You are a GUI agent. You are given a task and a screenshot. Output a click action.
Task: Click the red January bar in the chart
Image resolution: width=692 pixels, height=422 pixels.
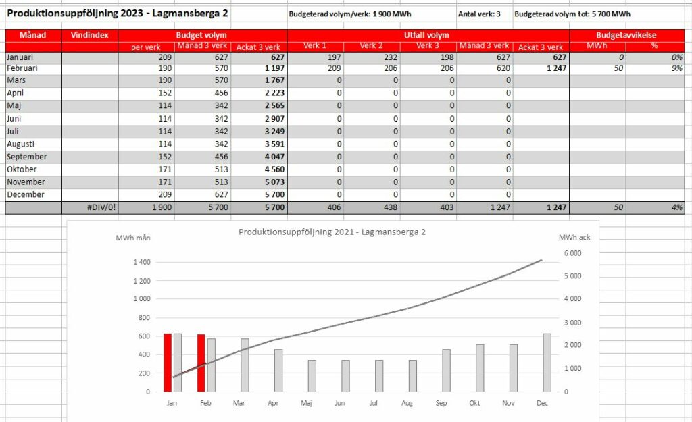tap(168, 363)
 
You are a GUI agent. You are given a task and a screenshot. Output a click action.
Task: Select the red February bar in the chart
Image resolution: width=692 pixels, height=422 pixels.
tap(201, 363)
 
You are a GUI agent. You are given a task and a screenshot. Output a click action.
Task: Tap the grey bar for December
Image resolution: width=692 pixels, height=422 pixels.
tap(547, 363)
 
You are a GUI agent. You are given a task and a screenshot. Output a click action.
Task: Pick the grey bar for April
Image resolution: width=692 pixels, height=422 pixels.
tap(278, 371)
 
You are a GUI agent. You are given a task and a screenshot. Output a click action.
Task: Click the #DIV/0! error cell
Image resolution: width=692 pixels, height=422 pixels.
tap(101, 207)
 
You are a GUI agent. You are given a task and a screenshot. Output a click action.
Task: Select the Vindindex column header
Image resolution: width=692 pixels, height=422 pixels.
tap(90, 35)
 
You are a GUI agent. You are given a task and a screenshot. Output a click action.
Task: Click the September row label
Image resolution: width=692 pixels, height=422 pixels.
tap(27, 157)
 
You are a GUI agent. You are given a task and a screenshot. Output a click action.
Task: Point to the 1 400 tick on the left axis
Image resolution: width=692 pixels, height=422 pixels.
tap(142, 262)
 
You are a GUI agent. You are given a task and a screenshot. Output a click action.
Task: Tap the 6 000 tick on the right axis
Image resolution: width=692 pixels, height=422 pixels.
tap(573, 253)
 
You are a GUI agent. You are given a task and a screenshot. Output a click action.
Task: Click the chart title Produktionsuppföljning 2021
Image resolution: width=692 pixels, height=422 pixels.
tap(332, 232)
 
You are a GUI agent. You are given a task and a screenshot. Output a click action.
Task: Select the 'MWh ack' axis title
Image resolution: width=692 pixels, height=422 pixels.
tap(574, 237)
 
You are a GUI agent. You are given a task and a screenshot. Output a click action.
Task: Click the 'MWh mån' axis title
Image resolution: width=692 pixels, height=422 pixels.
tap(133, 238)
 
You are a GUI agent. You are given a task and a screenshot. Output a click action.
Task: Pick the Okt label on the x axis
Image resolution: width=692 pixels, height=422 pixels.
tap(474, 403)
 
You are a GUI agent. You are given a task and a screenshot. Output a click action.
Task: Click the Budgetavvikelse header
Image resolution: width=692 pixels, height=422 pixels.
tap(626, 35)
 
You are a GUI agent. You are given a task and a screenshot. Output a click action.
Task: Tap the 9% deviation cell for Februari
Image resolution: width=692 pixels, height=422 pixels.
tap(677, 68)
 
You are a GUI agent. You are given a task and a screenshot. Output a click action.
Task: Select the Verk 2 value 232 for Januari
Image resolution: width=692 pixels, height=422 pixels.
tap(391, 57)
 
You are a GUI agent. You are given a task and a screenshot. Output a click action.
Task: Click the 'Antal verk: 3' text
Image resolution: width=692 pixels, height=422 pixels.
tap(479, 14)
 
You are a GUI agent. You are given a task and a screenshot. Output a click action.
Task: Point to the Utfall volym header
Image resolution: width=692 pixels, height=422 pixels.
tap(426, 35)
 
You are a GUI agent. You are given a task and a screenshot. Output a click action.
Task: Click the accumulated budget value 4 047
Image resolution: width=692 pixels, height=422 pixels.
tap(274, 157)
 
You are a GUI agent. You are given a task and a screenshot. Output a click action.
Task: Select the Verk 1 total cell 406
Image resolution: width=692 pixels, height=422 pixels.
tap(334, 207)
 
